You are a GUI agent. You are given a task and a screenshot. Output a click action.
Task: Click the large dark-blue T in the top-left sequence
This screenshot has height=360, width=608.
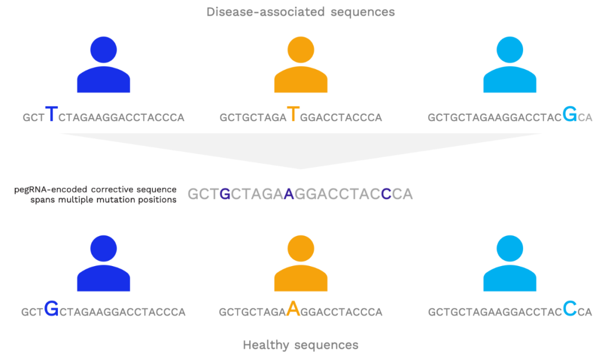[x=52, y=114]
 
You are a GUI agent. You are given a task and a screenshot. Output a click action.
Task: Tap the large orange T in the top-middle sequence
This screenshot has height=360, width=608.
[x=293, y=114]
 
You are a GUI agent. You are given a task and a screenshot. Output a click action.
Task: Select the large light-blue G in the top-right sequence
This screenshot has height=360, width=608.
[x=570, y=114]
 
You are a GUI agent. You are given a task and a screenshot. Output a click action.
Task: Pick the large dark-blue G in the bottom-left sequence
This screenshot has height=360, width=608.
[x=51, y=309]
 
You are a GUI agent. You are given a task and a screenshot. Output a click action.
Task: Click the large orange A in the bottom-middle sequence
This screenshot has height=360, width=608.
[x=293, y=309]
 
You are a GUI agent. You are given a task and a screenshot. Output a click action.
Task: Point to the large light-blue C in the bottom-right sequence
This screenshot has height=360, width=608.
[x=570, y=309]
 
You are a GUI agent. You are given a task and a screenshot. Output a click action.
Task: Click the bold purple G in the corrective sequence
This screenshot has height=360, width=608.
[x=225, y=193]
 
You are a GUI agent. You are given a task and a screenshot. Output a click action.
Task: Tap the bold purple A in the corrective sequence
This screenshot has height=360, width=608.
[x=289, y=193]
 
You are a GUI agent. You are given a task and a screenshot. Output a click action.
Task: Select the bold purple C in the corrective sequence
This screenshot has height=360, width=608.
[x=386, y=193]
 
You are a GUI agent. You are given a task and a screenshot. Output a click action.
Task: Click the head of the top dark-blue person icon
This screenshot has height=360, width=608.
[x=104, y=49]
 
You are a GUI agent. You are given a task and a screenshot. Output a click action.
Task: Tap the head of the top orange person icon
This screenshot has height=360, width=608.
[x=301, y=49]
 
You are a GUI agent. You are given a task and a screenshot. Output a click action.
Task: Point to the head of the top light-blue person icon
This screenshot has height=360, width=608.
[x=510, y=49]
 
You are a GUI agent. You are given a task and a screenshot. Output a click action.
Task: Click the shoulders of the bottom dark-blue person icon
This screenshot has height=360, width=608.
[x=104, y=278]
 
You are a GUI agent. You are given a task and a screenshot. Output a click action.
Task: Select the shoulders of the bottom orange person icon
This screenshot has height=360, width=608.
[x=301, y=278]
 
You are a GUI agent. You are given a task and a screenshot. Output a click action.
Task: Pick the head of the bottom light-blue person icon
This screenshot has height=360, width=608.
[x=510, y=249]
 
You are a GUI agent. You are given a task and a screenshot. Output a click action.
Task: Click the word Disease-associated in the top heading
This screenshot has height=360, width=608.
[x=266, y=12]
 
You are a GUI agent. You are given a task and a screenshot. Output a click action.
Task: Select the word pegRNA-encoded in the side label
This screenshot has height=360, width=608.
[x=51, y=190]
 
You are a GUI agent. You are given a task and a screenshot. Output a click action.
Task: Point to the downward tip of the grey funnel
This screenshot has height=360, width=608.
[x=301, y=169]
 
